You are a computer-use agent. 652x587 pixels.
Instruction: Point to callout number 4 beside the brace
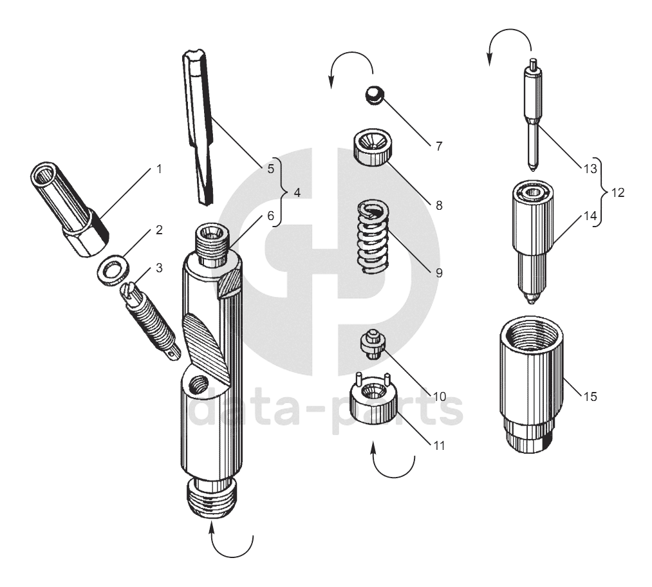[297, 192]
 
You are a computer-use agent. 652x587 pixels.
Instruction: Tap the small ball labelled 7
[372, 95]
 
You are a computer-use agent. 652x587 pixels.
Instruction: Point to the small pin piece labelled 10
[371, 344]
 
